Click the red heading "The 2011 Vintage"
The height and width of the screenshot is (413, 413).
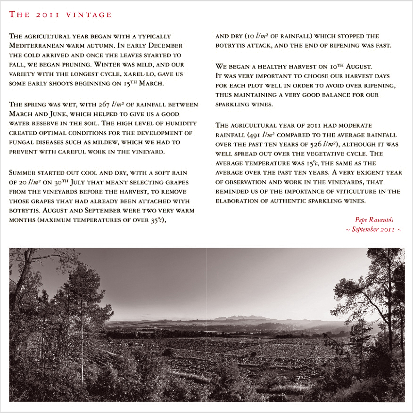pyautogui.click(x=60, y=15)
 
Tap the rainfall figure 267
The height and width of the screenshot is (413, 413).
pyautogui.click(x=116, y=105)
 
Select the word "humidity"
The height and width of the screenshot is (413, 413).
pyautogui.click(x=182, y=123)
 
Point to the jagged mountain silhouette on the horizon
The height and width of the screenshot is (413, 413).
pyautogui.click(x=240, y=318)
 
